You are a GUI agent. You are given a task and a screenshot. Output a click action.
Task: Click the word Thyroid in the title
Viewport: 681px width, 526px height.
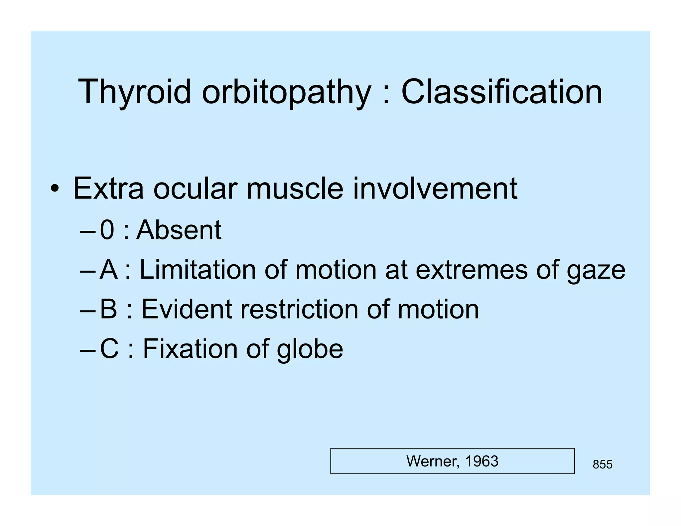click(134, 92)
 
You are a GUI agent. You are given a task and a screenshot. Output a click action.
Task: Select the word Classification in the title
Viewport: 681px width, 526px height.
click(502, 92)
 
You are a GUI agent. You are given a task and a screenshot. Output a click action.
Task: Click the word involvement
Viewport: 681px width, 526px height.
click(435, 189)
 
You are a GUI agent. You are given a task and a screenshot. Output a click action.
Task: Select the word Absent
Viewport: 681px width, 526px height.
click(179, 230)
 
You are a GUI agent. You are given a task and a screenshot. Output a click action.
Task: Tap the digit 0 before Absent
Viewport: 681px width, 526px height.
click(107, 230)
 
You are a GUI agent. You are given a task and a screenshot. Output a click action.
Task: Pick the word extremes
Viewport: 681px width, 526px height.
click(472, 270)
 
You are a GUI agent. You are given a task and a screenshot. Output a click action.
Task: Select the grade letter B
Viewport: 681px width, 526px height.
click(108, 309)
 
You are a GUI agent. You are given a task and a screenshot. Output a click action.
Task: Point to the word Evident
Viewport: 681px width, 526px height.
click(187, 309)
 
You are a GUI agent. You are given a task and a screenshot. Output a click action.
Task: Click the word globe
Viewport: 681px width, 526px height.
click(310, 349)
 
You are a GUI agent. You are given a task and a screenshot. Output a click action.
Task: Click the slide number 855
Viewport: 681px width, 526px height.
click(602, 464)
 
